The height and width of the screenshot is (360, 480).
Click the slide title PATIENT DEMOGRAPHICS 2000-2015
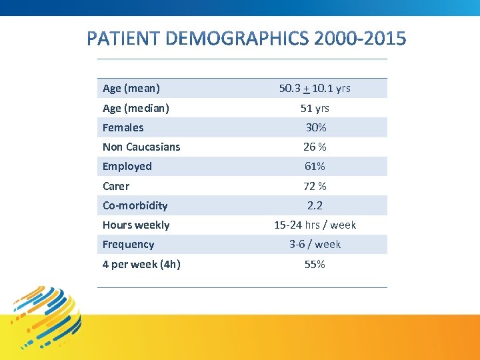[x=245, y=39]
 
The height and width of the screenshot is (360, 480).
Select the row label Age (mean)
[x=131, y=88]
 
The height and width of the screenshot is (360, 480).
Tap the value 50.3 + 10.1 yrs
[x=315, y=88]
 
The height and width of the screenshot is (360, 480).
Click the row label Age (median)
[x=136, y=108]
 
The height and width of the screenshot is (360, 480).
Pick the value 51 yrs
[x=315, y=108]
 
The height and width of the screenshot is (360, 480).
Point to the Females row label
[x=123, y=127]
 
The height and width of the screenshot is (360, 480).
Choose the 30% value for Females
[x=315, y=127]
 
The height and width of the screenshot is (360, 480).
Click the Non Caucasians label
[x=141, y=147]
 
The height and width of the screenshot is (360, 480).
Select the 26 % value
[x=315, y=147]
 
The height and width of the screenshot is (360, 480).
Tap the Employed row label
[x=127, y=166]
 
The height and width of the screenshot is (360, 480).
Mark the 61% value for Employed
[x=315, y=166]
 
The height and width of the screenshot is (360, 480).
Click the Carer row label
[x=116, y=186]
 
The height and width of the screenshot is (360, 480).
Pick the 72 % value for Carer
[x=315, y=186]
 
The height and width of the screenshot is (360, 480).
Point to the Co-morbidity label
[x=135, y=205]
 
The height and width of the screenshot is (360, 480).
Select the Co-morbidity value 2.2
[x=315, y=205]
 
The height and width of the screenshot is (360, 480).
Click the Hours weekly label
[x=136, y=225]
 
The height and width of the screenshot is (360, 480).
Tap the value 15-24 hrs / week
[x=315, y=225]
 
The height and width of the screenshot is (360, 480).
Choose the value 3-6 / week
[x=315, y=244]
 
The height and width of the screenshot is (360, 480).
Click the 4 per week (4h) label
[x=141, y=264]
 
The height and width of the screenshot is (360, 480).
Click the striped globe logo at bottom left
[x=47, y=317]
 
